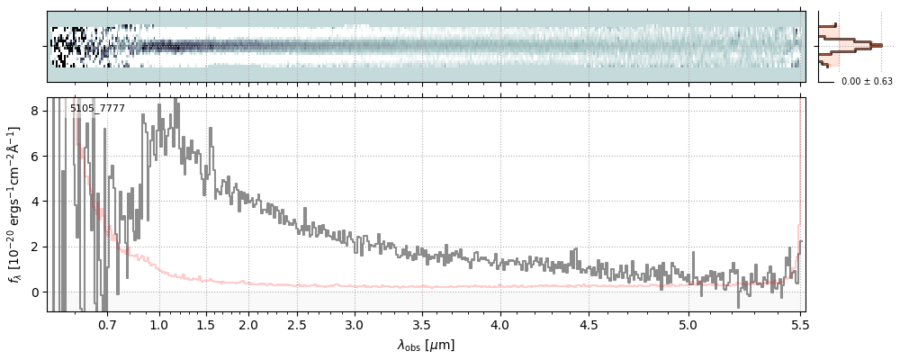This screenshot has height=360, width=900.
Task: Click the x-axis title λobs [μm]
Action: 426,344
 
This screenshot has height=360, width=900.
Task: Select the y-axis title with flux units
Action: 15,203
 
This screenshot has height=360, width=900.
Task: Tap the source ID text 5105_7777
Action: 97,109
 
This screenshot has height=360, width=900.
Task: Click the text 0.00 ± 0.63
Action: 867,81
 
